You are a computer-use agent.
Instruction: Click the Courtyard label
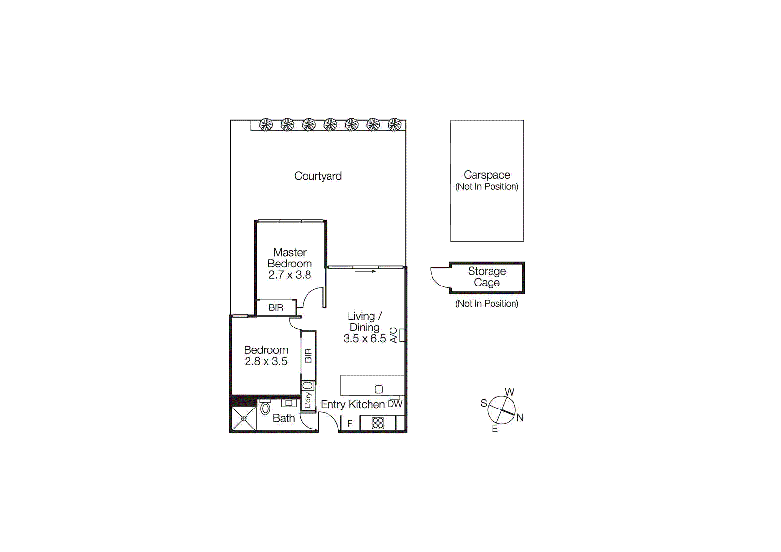click(318, 176)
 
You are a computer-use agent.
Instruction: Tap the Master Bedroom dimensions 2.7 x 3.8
click(289, 275)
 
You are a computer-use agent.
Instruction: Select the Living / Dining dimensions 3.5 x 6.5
click(364, 338)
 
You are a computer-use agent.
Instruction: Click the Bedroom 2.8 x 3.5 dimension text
click(266, 361)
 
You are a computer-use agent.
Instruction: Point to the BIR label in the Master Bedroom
click(276, 307)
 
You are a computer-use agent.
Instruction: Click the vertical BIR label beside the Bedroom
click(308, 355)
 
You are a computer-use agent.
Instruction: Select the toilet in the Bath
click(265, 408)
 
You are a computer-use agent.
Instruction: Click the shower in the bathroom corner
click(244, 418)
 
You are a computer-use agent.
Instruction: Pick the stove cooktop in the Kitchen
click(378, 423)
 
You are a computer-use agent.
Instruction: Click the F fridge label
click(349, 423)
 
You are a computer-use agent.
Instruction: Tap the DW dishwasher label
click(395, 404)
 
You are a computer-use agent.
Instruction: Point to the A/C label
click(394, 335)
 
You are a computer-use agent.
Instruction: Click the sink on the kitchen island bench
click(379, 389)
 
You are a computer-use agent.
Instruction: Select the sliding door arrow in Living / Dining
click(366, 271)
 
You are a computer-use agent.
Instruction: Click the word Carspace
click(487, 175)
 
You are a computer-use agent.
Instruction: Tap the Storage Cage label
click(487, 277)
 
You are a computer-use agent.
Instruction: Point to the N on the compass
click(520, 418)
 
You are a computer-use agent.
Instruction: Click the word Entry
click(333, 404)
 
